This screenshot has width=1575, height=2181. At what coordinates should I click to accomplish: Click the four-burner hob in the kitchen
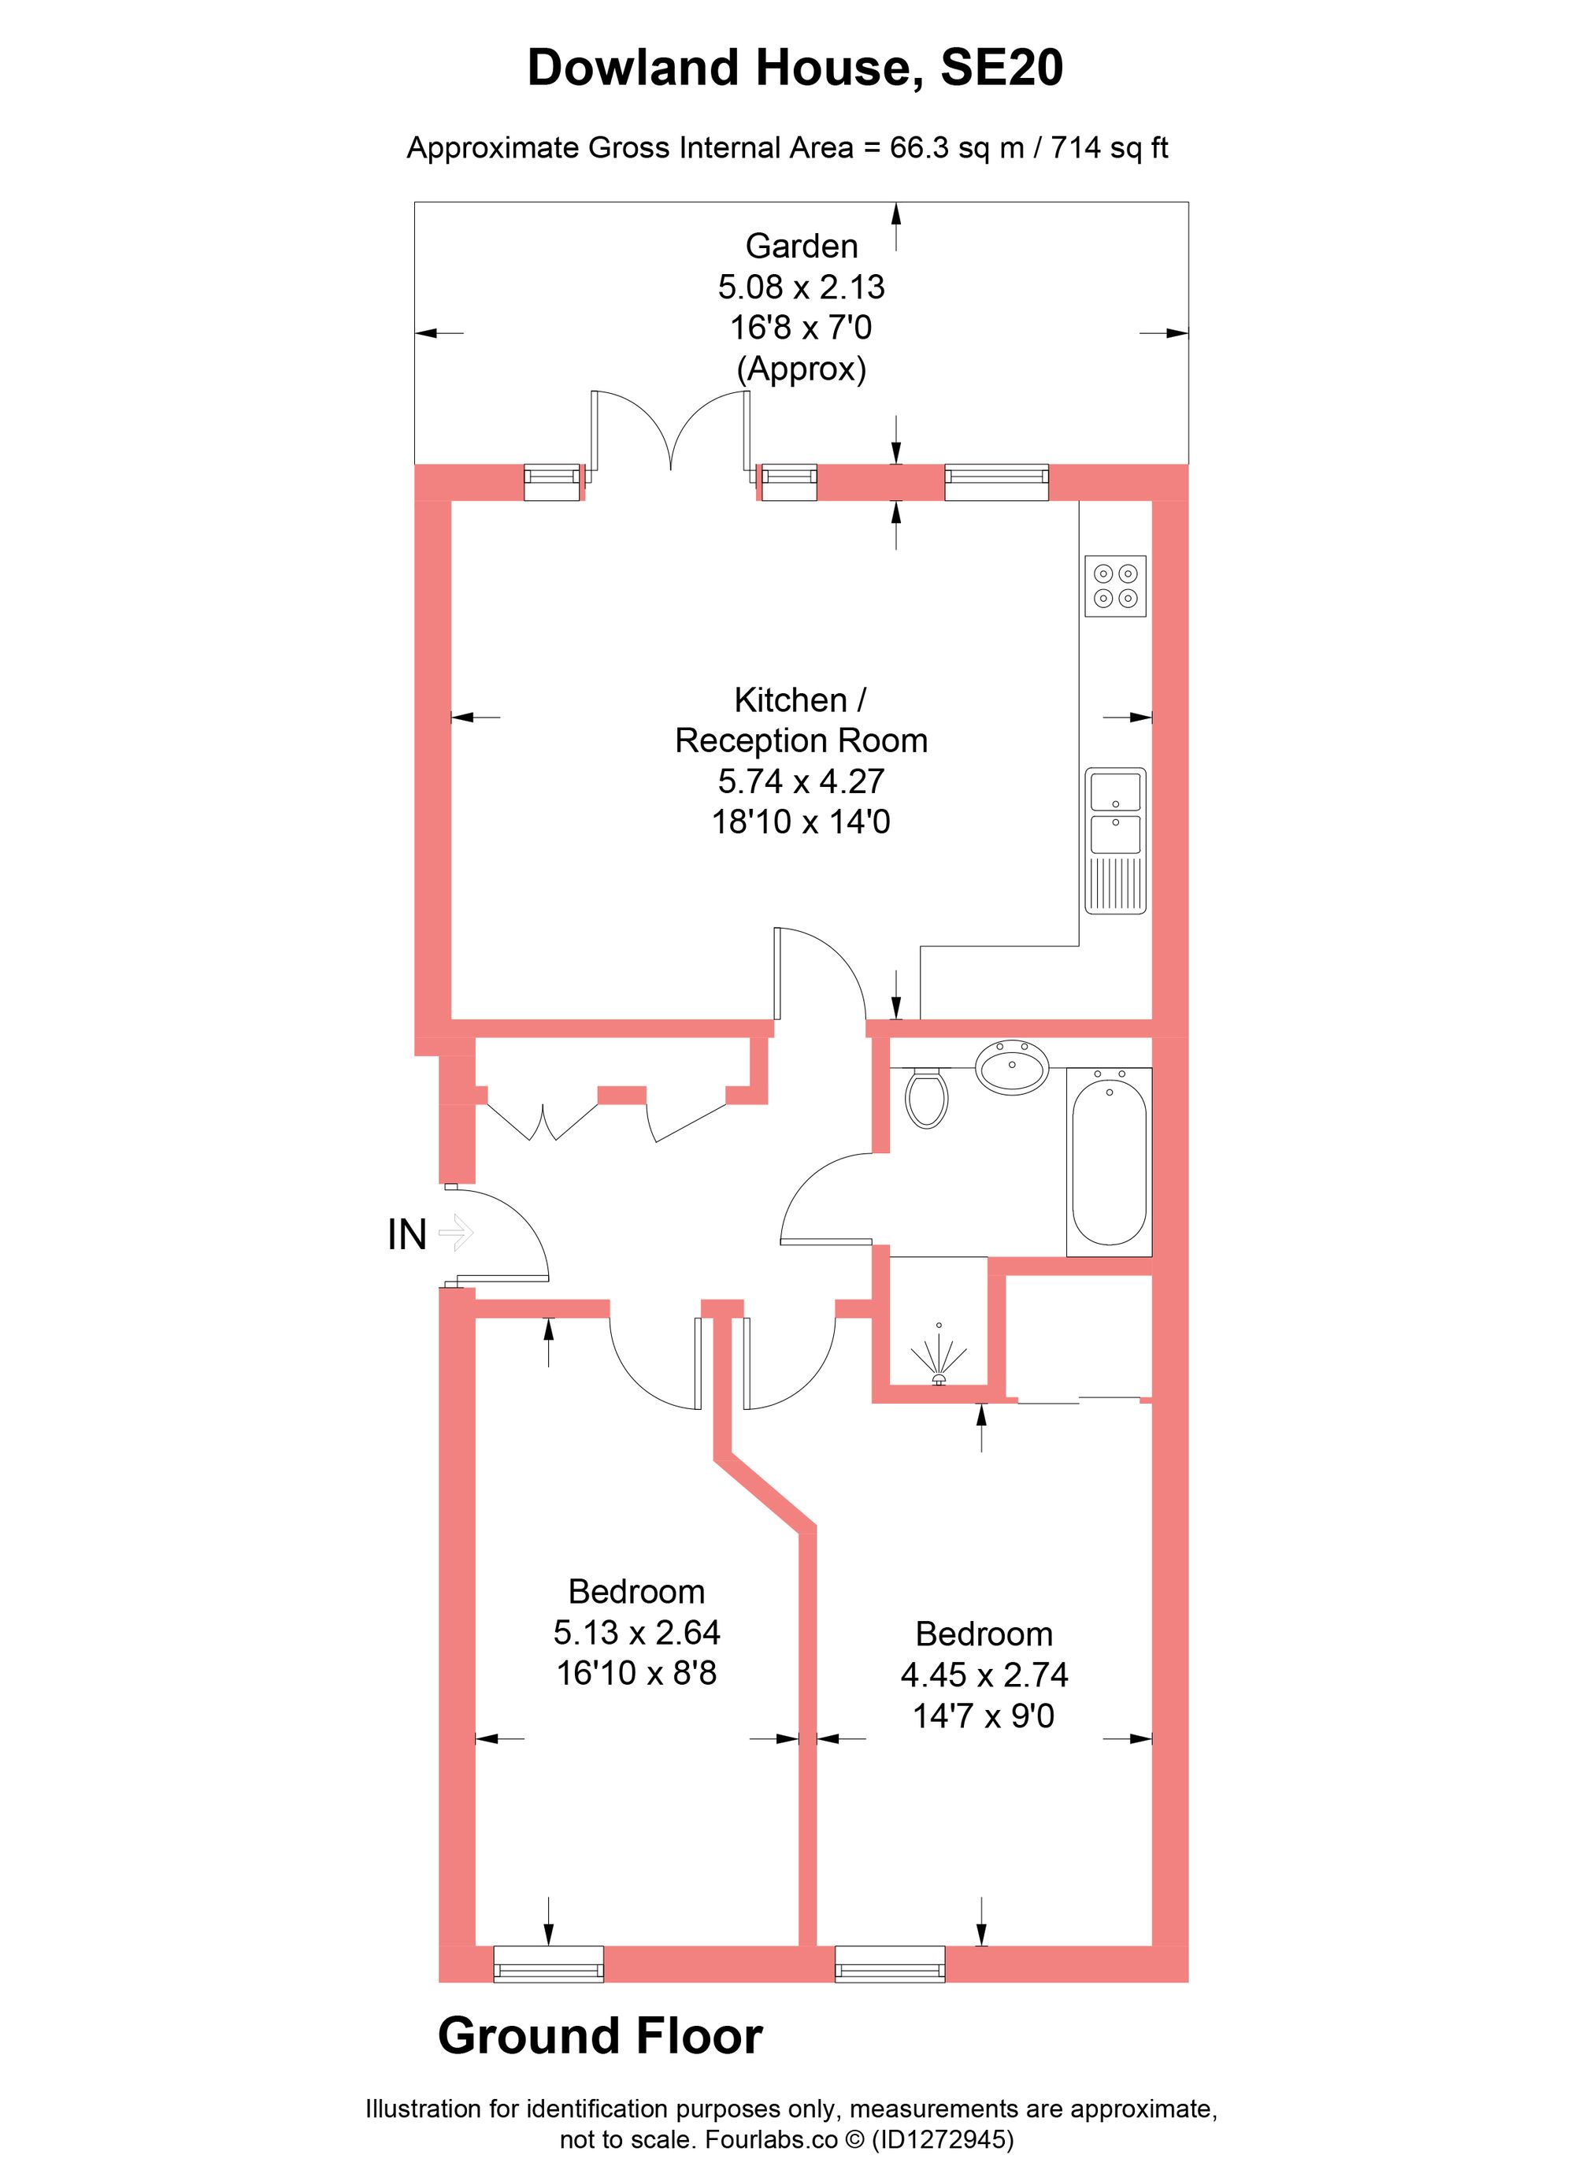tap(1115, 586)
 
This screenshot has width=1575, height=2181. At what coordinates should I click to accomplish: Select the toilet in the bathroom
tap(927, 1098)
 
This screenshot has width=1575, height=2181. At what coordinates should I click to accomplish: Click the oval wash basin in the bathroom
tap(1013, 1065)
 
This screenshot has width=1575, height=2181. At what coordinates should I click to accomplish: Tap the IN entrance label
tap(406, 1235)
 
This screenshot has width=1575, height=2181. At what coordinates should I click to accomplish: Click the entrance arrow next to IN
tap(457, 1232)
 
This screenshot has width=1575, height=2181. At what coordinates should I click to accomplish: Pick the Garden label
tap(801, 247)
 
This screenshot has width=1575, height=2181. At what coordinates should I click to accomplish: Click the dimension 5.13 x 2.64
tap(636, 1632)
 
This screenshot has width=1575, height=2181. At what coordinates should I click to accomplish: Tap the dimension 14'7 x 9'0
tap(983, 1715)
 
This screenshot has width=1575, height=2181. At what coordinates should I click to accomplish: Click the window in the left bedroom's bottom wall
tap(548, 1964)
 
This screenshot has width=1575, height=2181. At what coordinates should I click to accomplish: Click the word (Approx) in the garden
tap(801, 369)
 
